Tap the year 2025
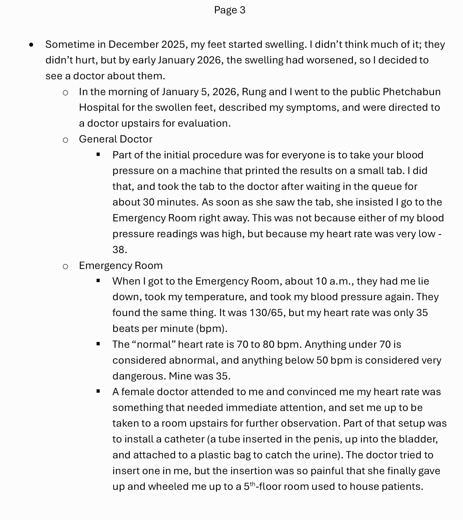tap(173, 44)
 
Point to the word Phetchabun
tap(411, 92)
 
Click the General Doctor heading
tap(115, 139)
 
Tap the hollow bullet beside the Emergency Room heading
tap(65, 266)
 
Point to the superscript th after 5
tap(252, 484)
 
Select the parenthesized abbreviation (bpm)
tap(212, 328)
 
